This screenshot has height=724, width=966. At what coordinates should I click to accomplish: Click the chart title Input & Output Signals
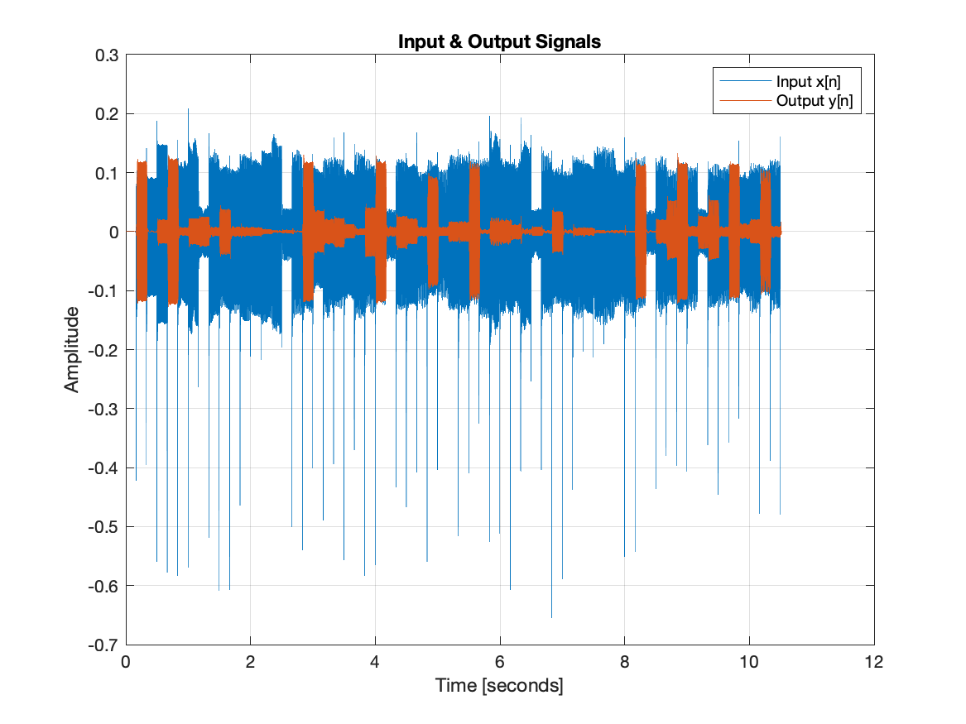[499, 42]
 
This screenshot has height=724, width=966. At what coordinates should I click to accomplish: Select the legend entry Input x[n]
[808, 82]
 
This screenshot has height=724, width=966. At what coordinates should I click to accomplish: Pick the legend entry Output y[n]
[814, 102]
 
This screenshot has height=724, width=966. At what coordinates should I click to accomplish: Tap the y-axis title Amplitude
[73, 349]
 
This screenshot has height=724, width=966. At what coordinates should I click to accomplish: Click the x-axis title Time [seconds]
[499, 687]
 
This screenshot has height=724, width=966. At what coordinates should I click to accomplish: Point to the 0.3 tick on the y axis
[108, 55]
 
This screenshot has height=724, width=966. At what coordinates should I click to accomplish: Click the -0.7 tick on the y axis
[105, 645]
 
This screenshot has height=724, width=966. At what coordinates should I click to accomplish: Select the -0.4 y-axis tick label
[105, 468]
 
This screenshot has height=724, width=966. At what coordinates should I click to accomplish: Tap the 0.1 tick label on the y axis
[108, 173]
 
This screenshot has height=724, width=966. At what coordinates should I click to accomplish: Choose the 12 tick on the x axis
[873, 662]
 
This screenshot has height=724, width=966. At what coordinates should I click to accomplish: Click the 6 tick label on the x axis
[499, 662]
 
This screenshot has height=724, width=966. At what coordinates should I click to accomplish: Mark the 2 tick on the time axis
[250, 662]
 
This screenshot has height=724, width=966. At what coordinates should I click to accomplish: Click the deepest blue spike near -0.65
[552, 614]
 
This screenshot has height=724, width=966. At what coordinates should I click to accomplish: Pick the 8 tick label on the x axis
[624, 662]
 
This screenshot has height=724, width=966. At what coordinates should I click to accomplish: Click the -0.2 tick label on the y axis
[105, 350]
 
